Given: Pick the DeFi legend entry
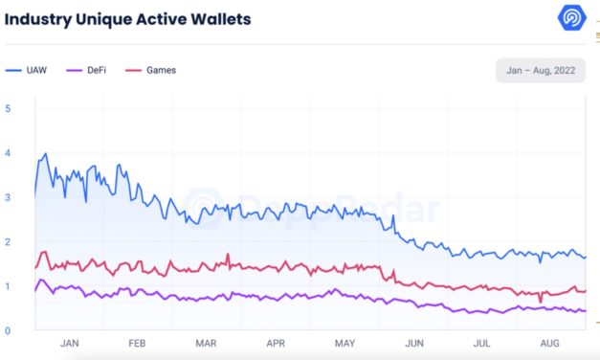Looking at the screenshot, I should pyautogui.click(x=95, y=70).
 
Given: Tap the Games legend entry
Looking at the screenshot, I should pyautogui.click(x=159, y=70).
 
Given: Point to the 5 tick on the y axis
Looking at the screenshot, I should pyautogui.click(x=8, y=108).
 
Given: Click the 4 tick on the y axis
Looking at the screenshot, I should pyautogui.click(x=8, y=153).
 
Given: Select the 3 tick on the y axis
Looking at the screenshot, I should pyautogui.click(x=8, y=197).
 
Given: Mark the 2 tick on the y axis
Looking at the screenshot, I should pyautogui.click(x=8, y=242).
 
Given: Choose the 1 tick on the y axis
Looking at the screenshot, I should pyautogui.click(x=8, y=286).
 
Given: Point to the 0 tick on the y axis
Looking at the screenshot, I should pyautogui.click(x=8, y=331).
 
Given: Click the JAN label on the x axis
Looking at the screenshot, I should pyautogui.click(x=70, y=343).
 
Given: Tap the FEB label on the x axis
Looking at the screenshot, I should pyautogui.click(x=137, y=343).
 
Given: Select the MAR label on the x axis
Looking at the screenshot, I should pyautogui.click(x=206, y=343).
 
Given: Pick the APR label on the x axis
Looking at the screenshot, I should pyautogui.click(x=276, y=343).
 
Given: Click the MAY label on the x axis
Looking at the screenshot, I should pyautogui.click(x=345, y=343).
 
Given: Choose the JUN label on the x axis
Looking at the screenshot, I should pyautogui.click(x=414, y=343).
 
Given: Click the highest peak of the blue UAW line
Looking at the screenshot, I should pyautogui.click(x=45, y=154).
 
